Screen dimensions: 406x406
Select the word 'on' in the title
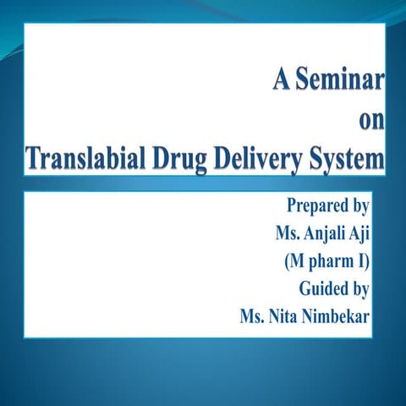point(372,120)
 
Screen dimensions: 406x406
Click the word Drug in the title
point(187,158)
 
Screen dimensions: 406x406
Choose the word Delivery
point(266,158)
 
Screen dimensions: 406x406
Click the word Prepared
point(317,206)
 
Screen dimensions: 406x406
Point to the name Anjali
point(325,233)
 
